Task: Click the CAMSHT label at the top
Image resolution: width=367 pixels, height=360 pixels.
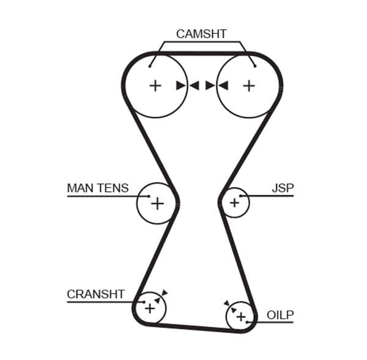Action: coord(201,34)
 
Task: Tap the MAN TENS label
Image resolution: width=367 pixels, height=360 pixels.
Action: coord(98,188)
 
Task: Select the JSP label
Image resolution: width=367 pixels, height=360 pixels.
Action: coord(283,188)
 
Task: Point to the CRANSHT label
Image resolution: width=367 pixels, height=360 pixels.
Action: coord(95,294)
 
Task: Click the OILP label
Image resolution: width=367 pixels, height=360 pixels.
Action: coord(280,315)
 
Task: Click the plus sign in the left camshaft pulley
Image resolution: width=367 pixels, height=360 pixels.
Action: coord(155,86)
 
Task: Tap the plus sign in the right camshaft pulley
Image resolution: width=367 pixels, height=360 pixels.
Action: coord(248,86)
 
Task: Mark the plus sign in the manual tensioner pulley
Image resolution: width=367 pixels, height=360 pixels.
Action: coord(157,203)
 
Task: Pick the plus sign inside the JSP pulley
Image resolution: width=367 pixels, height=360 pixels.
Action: coord(234,202)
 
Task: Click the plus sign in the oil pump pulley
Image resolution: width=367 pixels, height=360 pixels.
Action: coord(240,316)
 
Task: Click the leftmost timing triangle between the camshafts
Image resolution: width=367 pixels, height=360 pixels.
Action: coord(181,86)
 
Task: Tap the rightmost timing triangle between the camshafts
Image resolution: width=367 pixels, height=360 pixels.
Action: coord(223,86)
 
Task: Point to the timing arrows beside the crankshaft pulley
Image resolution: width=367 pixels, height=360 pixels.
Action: coord(161,296)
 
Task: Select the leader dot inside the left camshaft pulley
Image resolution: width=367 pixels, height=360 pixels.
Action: coord(150,65)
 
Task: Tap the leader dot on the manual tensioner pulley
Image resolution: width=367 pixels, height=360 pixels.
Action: coord(149,196)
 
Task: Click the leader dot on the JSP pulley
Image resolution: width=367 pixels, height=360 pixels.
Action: coord(242,196)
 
